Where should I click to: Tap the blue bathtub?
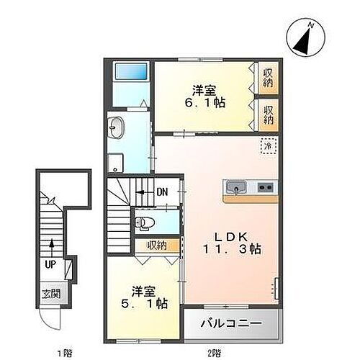pyautogui.click(x=130, y=72)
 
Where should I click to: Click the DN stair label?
pyautogui.click(x=163, y=192)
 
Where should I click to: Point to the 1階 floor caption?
pyautogui.click(x=63, y=352)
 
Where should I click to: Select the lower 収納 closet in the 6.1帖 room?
pyautogui.click(x=268, y=115)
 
